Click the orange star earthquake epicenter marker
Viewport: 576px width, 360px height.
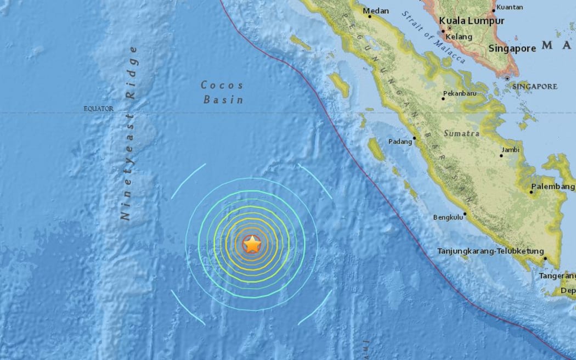click(x=252, y=244)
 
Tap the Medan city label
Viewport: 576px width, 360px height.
click(x=377, y=11)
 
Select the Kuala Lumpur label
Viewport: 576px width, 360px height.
click(x=471, y=21)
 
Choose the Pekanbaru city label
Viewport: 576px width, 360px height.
click(x=460, y=93)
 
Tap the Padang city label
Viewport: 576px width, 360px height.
click(x=399, y=142)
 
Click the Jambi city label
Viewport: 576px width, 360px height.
click(x=510, y=149)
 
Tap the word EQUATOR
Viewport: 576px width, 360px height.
click(x=98, y=109)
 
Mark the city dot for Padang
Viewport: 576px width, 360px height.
click(x=415, y=138)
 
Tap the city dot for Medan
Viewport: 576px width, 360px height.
click(x=370, y=16)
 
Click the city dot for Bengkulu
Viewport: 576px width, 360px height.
click(x=465, y=214)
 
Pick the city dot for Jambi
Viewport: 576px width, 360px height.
click(x=501, y=156)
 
